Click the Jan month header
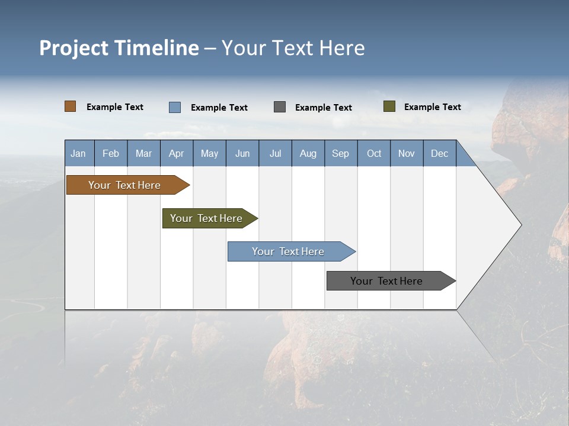pos(78,153)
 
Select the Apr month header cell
pos(176,153)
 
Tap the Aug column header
pos(308,153)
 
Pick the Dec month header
pos(439,153)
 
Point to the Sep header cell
pos(340,153)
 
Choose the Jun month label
pos(242,153)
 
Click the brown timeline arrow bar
pos(124,185)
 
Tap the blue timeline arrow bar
pos(288,251)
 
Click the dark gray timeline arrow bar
pos(386,281)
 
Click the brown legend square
pos(70,106)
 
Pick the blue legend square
pos(174,107)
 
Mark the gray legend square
pos(280,107)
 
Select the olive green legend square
pos(389,106)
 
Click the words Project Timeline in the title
pos(119,48)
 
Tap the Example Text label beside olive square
pos(432,107)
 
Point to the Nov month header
pos(406,153)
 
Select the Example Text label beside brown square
pos(115,107)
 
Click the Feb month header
pos(111,153)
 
